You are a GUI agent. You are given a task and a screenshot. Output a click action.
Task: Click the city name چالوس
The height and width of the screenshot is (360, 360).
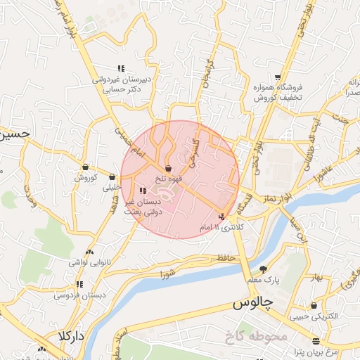pos(252,305)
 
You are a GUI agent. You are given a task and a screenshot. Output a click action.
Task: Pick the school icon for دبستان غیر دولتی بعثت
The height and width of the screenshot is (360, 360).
pos(143,190)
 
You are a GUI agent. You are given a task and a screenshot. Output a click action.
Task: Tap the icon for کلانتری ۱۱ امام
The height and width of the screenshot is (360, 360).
pos(223,217)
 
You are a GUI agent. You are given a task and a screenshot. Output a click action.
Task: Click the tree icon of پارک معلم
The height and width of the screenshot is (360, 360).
pos(263,269)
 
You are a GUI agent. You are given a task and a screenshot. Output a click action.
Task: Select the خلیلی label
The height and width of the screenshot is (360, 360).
pos(112,188)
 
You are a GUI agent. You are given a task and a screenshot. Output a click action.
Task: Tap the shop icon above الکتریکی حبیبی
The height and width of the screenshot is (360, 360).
pos(314,305)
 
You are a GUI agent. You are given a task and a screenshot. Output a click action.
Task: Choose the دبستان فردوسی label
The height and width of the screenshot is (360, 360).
pos(79,295)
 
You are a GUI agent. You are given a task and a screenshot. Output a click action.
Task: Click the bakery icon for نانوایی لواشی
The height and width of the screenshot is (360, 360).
pos(89,252)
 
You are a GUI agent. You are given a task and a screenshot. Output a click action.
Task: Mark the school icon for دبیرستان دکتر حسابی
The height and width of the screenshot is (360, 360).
pos(121,68)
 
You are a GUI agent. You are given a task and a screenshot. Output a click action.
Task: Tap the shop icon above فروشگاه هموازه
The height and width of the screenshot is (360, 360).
pos(278,77)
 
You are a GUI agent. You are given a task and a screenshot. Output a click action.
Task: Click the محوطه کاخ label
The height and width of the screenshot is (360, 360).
pos(254,337)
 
